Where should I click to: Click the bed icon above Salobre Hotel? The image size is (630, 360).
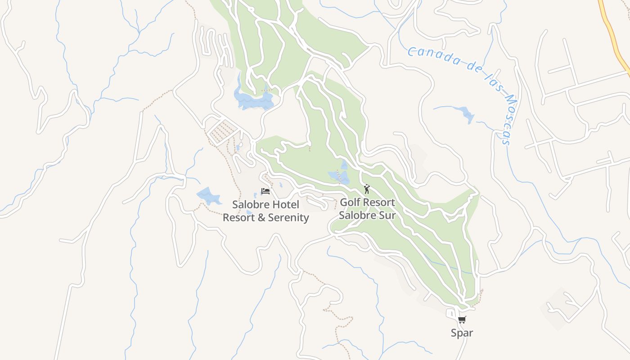pos(265,192)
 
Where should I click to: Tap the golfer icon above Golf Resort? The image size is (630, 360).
pos(367,189)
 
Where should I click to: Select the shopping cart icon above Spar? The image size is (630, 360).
pos(462,320)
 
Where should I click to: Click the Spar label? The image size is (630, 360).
pos(462,333)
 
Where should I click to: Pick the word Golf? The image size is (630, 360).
pos(350,202)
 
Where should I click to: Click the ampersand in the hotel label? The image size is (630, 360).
pos(261,218)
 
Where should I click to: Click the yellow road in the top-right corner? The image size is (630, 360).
pos(613,31)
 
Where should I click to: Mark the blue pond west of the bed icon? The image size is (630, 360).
pos(208,196)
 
